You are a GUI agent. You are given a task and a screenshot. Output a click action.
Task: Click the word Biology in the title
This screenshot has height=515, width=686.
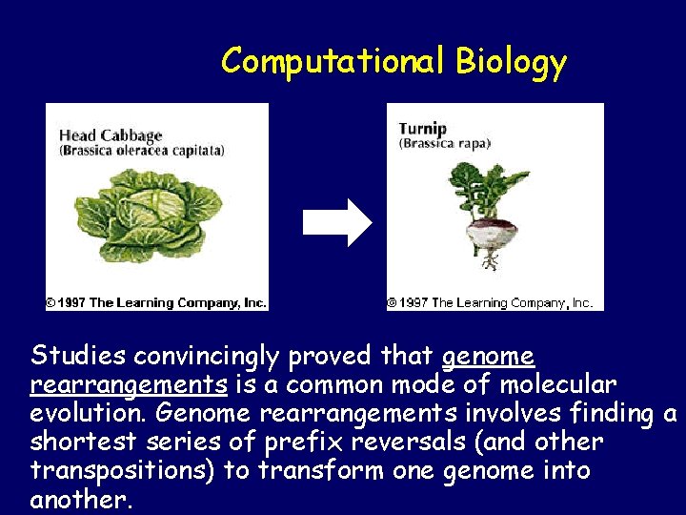[511, 62]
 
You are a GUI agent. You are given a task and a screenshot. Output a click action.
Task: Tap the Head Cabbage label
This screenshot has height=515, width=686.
[111, 134]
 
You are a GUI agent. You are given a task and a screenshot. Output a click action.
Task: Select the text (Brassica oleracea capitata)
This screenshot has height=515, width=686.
[142, 151]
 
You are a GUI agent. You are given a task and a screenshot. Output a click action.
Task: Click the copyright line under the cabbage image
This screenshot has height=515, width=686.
[156, 302]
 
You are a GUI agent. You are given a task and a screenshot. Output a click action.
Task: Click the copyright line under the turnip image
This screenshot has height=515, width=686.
[490, 302]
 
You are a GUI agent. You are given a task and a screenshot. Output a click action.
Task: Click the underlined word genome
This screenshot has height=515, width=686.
[489, 356]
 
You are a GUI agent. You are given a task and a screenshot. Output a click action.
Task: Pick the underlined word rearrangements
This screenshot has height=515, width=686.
[129, 384]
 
